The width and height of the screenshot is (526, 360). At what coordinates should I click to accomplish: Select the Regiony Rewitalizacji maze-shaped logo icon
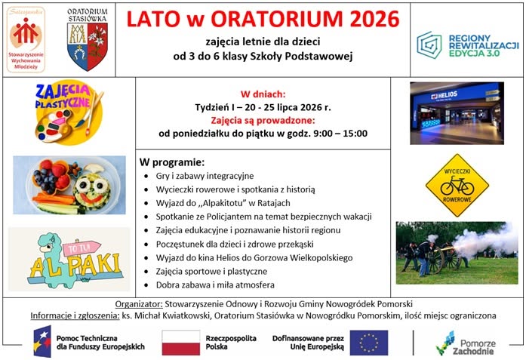click(x=429, y=45)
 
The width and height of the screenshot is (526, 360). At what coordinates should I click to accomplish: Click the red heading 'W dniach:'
click(x=263, y=94)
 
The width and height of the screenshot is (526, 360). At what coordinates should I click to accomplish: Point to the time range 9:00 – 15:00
click(x=340, y=134)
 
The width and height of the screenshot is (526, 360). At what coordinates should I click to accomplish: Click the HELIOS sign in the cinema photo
click(x=444, y=96)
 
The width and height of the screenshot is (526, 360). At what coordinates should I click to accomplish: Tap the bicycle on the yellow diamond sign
click(x=457, y=186)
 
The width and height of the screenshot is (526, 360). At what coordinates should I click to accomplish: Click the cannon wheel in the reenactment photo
click(x=436, y=260)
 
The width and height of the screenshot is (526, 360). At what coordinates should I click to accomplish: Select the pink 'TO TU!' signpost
click(x=82, y=248)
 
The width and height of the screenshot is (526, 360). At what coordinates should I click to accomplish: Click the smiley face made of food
click(x=92, y=191)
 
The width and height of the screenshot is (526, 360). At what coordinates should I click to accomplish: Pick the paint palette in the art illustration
click(x=54, y=125)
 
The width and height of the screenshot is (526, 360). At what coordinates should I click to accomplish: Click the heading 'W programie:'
click(x=172, y=162)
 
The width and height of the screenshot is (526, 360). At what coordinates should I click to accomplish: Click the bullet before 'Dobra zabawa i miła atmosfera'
click(x=146, y=285)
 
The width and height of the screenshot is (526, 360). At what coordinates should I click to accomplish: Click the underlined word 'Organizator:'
click(x=139, y=304)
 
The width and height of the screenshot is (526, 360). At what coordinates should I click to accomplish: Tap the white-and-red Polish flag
click(x=181, y=343)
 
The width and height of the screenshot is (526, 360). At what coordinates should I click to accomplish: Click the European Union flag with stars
click(x=369, y=343)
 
